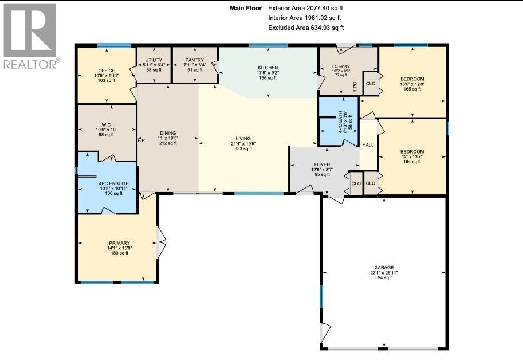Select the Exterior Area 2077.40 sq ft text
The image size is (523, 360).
(x=306, y=8)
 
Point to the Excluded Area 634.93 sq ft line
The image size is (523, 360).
(x=306, y=28)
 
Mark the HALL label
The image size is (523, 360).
(x=368, y=145)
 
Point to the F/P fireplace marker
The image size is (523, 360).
(x=141, y=140)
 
